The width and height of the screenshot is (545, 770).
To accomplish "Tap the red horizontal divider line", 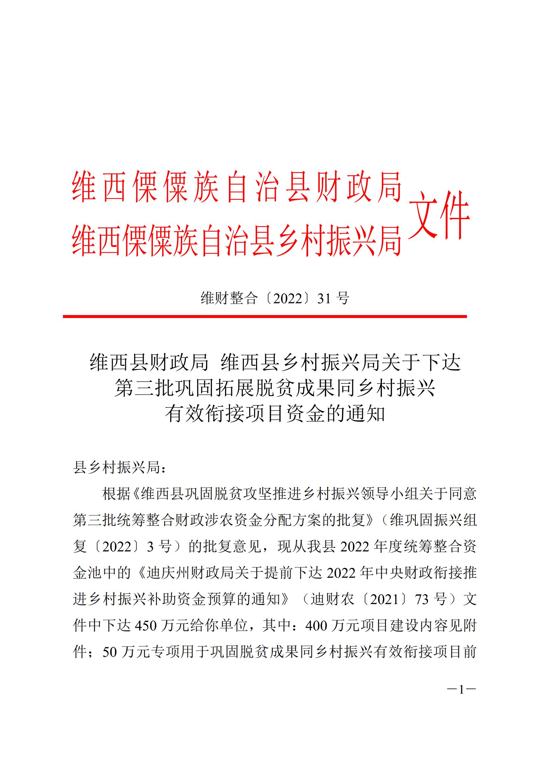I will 265,316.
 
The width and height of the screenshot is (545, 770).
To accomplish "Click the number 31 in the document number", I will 324,298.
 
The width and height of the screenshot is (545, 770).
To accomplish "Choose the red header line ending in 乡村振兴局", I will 237,241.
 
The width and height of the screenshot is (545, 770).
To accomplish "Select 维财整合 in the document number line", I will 229,298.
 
